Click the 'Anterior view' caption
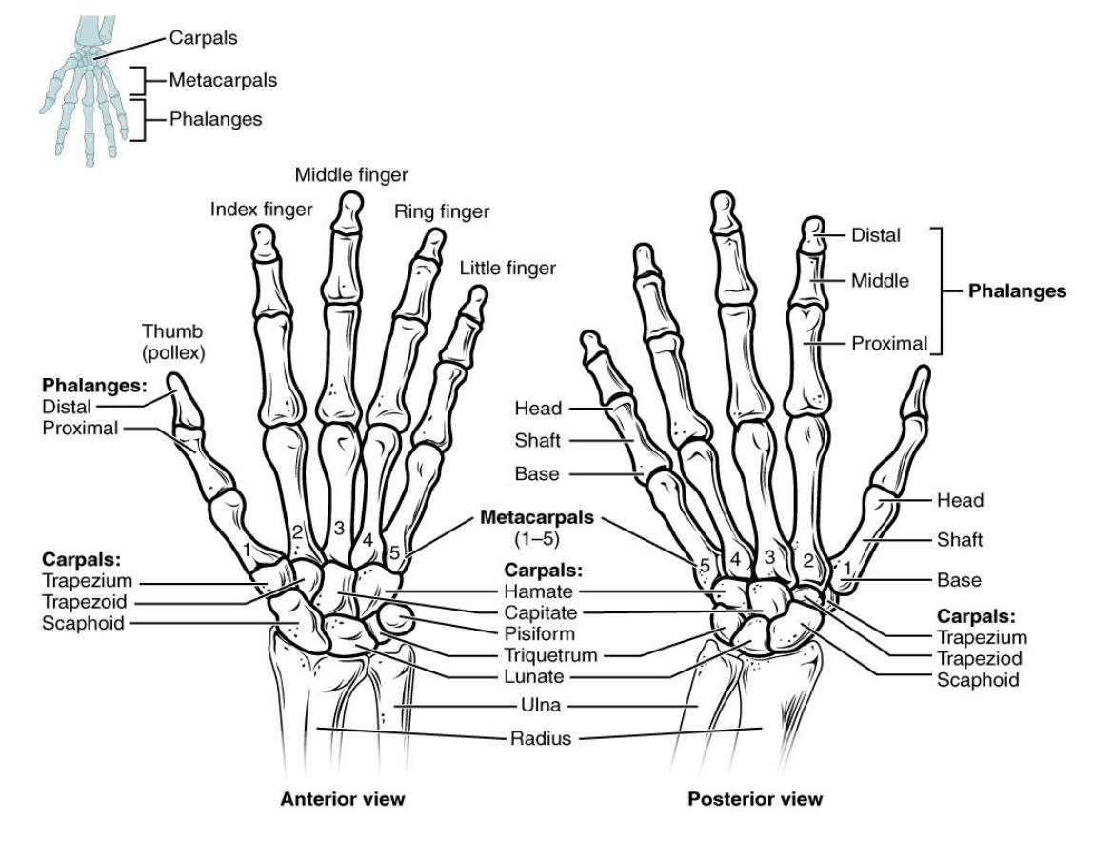coord(342,799)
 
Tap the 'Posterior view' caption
coord(755,799)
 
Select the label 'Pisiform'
coord(539,633)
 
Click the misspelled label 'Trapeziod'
coord(979,658)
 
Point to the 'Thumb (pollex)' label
coord(173,342)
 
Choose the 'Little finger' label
coord(507,268)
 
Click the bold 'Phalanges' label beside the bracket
coord(1017,291)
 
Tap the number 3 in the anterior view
coord(339,529)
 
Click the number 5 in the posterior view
coord(705,565)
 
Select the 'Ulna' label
coord(541,705)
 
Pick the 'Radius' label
coord(541,738)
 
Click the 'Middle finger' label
coord(351,174)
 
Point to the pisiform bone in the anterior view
coord(395,619)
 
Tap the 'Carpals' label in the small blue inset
coord(203,38)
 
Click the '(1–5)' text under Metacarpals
coord(537,539)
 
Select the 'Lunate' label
coord(534,676)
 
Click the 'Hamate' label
coord(538,591)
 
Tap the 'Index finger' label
coord(261,209)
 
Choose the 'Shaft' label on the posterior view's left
coord(537,440)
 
